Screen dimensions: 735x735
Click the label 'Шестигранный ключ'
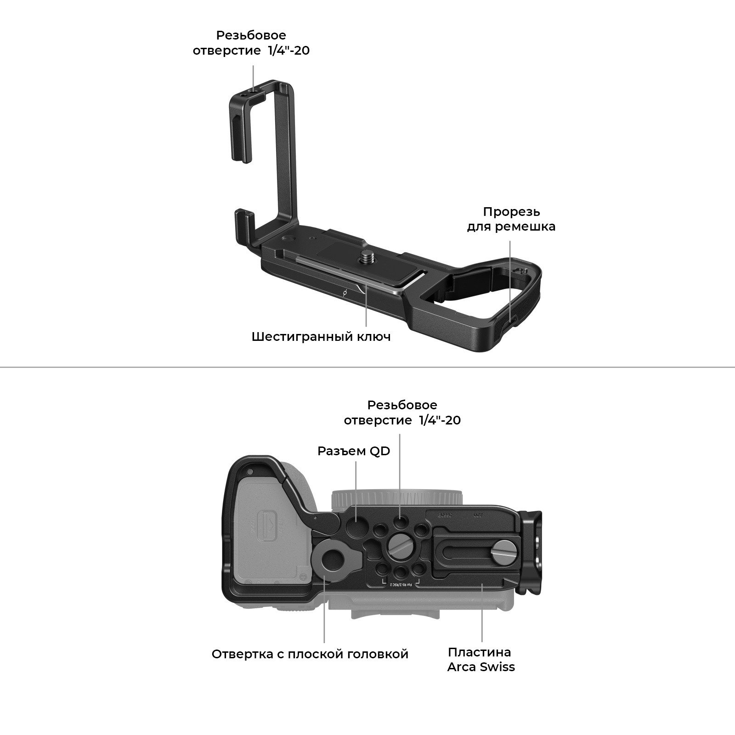pyautogui.click(x=321, y=337)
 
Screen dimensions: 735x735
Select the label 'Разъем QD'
pyautogui.click(x=354, y=451)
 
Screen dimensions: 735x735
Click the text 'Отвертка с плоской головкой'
pyautogui.click(x=310, y=654)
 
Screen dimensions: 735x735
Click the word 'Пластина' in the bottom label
pyautogui.click(x=480, y=652)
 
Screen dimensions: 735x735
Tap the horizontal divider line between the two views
pyautogui.click(x=367, y=367)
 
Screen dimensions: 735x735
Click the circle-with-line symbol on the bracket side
pyautogui.click(x=345, y=292)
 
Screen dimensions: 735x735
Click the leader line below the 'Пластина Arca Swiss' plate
pyautogui.click(x=482, y=613)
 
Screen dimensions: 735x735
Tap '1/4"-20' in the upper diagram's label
pyautogui.click(x=288, y=50)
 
